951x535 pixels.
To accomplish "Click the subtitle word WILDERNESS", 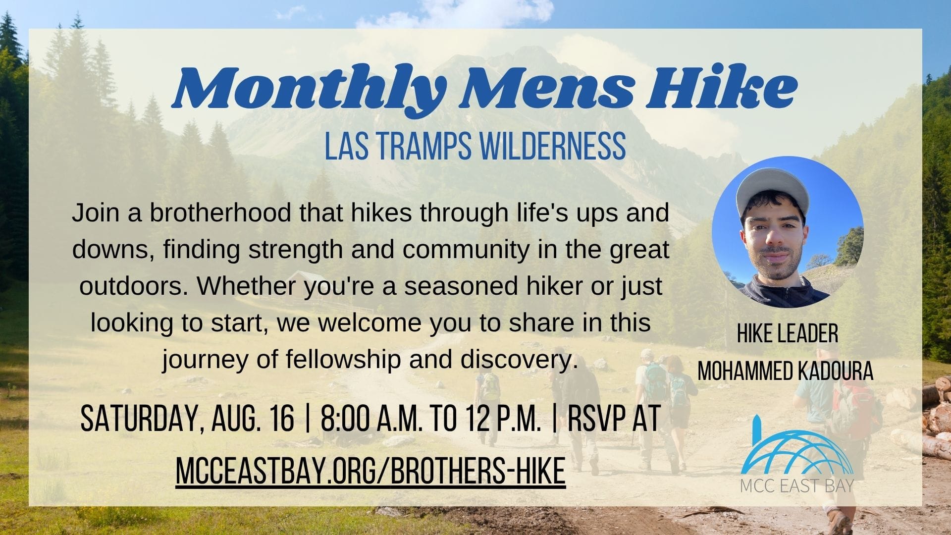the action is point(548,144).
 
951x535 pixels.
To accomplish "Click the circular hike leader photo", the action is point(787,232).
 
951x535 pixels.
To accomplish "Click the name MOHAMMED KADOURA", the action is point(785,371).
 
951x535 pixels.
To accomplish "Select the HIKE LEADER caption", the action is point(787,334).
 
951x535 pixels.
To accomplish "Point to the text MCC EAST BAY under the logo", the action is point(797,485).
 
